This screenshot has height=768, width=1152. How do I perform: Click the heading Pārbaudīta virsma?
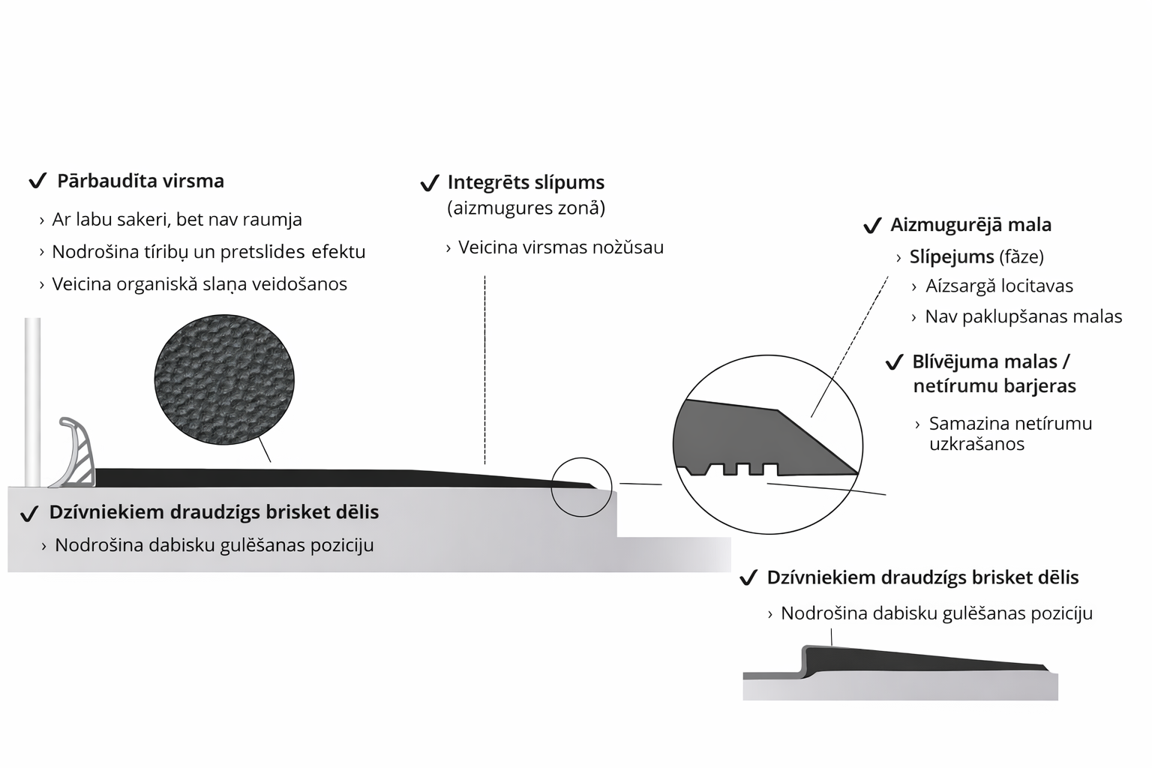point(140,181)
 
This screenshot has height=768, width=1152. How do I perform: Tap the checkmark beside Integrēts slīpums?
point(429,183)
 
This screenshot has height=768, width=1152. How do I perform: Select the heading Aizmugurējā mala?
point(970,225)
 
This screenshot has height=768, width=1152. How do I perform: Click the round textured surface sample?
point(224,380)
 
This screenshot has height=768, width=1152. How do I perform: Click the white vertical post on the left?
point(32,401)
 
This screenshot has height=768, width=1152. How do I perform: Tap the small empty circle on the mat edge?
point(581,487)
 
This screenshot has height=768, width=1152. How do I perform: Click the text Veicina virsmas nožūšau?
point(560,247)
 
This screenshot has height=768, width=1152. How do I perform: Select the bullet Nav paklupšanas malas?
point(1023,316)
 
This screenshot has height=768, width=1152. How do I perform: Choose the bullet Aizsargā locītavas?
point(999,286)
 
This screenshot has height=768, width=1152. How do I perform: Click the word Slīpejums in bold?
point(952,256)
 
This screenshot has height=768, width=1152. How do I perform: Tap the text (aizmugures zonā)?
point(526,208)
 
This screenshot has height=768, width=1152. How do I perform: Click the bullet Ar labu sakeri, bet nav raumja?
point(177,220)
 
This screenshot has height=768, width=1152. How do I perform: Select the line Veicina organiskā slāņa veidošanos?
point(199,284)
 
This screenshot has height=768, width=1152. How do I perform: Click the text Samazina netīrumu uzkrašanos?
point(1010,433)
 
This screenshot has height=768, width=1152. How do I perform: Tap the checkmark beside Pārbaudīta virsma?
point(37,181)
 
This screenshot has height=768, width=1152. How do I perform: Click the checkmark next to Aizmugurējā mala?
point(871,226)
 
